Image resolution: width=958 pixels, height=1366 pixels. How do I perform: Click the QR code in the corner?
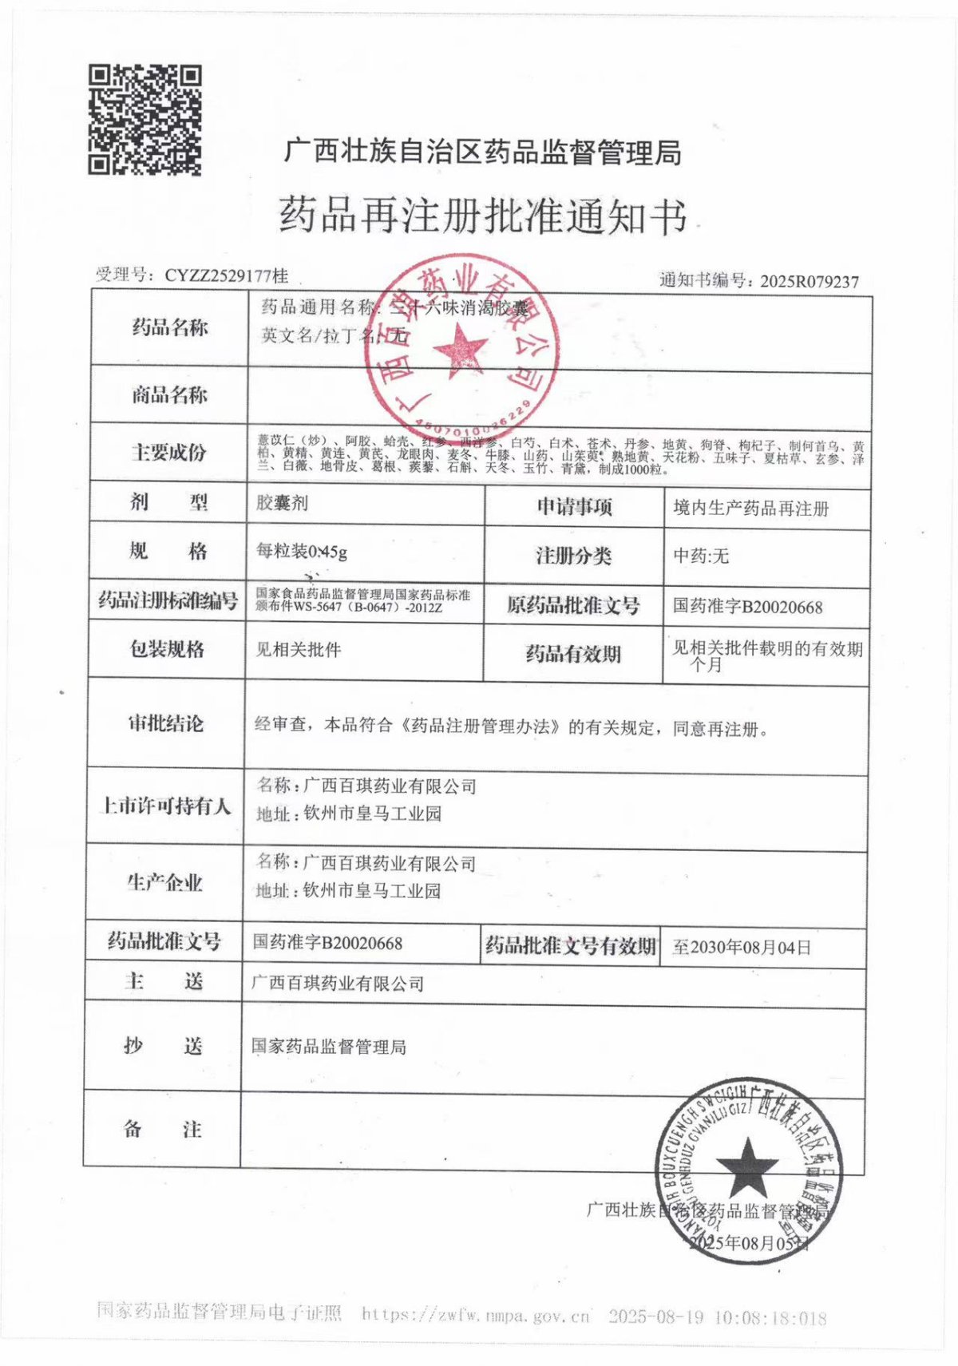(x=144, y=120)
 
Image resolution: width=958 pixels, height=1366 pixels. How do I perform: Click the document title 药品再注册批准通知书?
(x=481, y=216)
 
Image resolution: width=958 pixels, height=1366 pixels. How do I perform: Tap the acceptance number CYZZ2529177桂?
(x=226, y=276)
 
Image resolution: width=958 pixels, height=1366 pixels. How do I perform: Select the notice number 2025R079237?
(x=809, y=281)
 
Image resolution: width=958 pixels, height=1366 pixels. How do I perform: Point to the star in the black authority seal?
(x=746, y=1163)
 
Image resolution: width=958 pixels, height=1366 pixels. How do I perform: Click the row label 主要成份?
(x=168, y=453)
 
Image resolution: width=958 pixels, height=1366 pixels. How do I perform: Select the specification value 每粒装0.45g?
(x=302, y=551)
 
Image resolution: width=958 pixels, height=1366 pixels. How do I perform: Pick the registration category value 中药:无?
(x=701, y=556)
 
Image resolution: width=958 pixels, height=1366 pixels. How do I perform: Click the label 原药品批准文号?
(x=572, y=606)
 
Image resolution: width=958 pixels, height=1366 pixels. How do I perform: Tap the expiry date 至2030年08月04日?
(x=742, y=948)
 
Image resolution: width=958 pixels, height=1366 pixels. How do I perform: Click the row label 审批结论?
(x=165, y=724)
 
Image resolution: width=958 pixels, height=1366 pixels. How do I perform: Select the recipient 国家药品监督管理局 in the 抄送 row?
(x=328, y=1047)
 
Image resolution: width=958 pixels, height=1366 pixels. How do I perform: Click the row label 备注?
(x=162, y=1129)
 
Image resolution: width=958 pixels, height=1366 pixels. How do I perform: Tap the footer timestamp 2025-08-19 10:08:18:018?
(x=717, y=1317)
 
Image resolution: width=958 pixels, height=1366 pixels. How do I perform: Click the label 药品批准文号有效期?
(x=570, y=947)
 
